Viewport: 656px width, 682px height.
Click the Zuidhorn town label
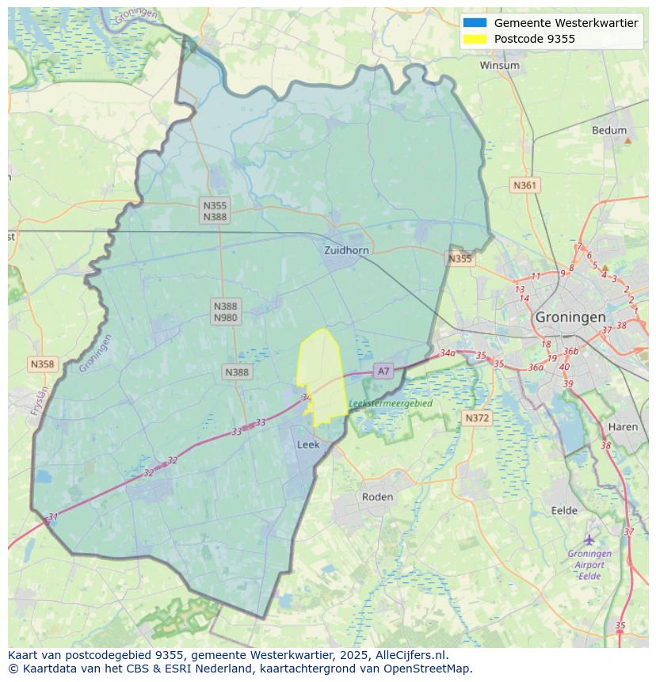coord(346,250)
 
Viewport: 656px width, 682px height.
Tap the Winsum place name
coord(499,66)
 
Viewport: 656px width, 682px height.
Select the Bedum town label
coord(608,131)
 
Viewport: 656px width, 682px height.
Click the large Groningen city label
coord(570,317)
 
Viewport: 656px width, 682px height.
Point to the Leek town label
coord(308,445)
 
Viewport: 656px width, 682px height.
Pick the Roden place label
coord(377,497)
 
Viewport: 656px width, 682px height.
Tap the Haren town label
coord(623,427)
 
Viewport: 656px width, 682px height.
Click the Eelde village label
coord(564,511)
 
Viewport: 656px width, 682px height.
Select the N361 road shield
coord(524,185)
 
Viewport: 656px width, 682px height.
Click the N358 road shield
coord(42,364)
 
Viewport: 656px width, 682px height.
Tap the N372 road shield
coord(477,417)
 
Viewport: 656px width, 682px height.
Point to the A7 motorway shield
coord(383,371)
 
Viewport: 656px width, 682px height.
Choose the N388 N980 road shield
coord(225,311)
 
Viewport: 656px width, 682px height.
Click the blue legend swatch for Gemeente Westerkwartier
coord(475,23)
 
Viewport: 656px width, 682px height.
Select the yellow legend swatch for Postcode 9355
coord(475,39)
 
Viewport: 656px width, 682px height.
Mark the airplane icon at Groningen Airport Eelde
coord(589,540)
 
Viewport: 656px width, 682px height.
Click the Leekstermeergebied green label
coord(391,404)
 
